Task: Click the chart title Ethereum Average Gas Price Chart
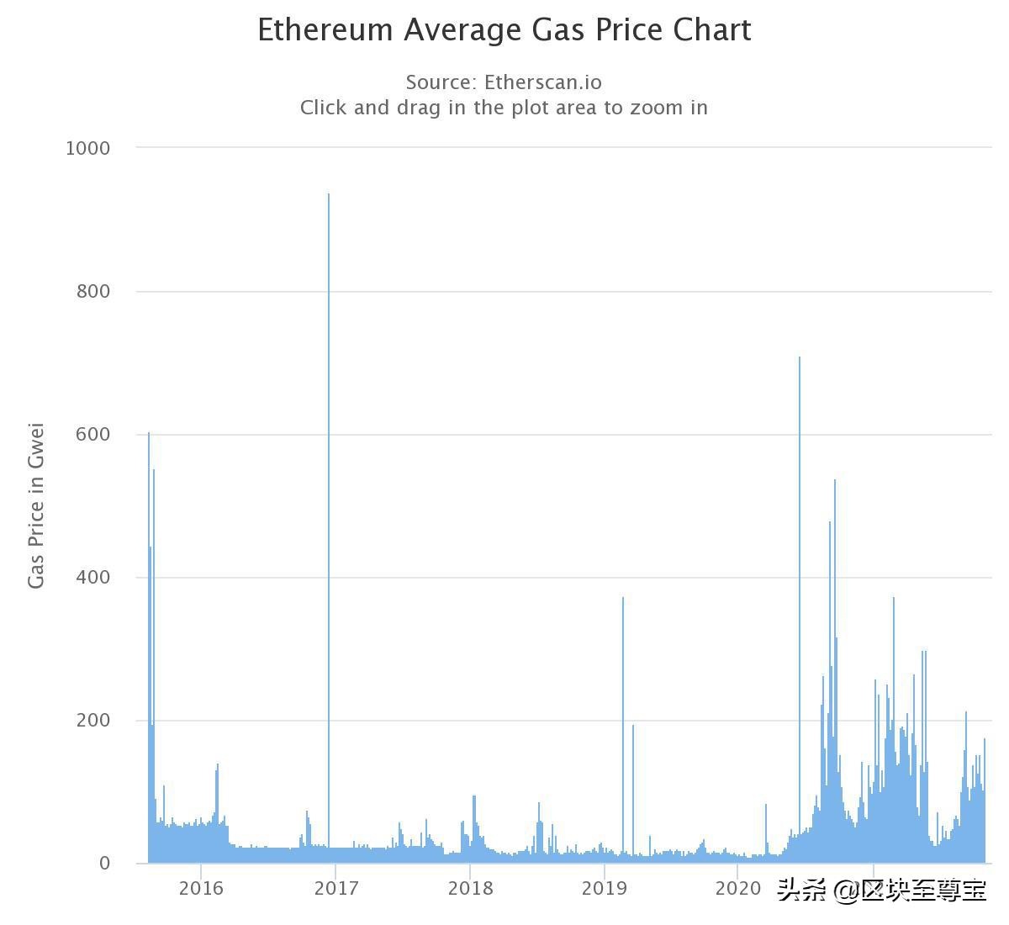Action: point(504,30)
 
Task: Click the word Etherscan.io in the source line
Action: point(542,82)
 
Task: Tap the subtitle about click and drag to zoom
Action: point(504,108)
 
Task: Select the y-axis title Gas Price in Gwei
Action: point(35,505)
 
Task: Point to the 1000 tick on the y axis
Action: point(87,149)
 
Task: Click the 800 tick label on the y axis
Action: point(93,292)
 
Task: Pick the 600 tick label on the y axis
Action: point(93,435)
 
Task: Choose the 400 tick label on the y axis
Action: point(93,578)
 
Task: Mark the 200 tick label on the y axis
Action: point(93,721)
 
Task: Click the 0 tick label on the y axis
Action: point(104,864)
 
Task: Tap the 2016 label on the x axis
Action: point(201,889)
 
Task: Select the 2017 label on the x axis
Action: point(335,889)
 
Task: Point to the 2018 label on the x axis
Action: point(470,889)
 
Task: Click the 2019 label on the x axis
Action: point(604,889)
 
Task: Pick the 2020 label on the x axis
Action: point(737,889)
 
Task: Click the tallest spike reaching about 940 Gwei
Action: point(329,505)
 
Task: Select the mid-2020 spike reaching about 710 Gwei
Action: point(800,589)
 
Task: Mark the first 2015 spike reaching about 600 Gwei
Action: point(149,631)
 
